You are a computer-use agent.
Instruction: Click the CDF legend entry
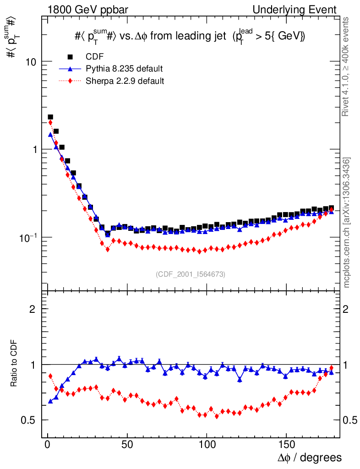coord(95,57)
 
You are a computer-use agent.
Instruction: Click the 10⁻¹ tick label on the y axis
coord(28,237)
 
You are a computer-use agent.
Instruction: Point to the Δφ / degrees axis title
coord(309,458)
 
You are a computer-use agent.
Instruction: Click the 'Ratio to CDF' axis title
coord(14,364)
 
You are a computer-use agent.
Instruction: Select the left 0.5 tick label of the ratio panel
coord(31,420)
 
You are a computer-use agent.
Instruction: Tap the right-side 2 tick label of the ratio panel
coord(347,309)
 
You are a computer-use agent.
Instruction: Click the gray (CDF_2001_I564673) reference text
coord(191,274)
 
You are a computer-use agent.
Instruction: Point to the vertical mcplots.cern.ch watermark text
coord(348,223)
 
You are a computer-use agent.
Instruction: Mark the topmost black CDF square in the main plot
coord(50,117)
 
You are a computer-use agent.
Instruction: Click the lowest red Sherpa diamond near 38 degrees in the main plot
coord(108,250)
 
